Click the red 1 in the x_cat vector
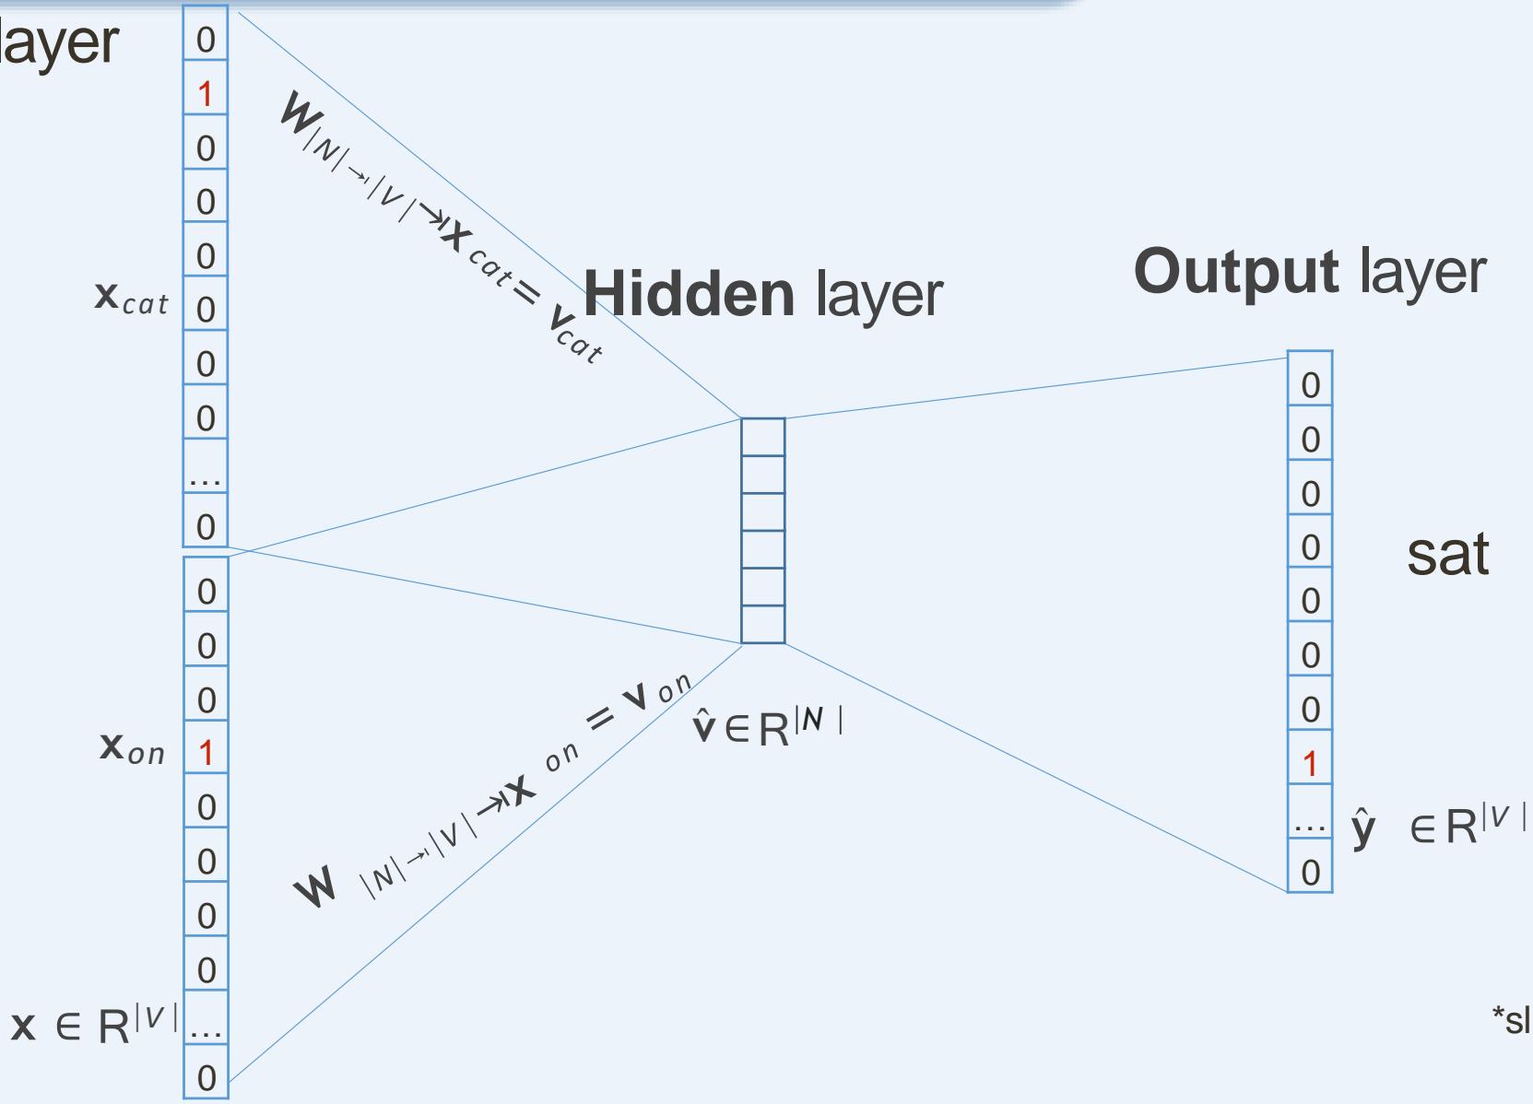[x=205, y=93]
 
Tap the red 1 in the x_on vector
[x=205, y=753]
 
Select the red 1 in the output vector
[x=1309, y=763]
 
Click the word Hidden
[x=689, y=294]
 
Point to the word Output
[x=1235, y=272]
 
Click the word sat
[x=1447, y=554]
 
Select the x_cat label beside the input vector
[x=132, y=298]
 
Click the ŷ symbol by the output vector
[x=1363, y=827]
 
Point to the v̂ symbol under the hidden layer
[x=704, y=728]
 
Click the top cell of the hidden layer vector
[x=763, y=437]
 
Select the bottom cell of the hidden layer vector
[x=763, y=624]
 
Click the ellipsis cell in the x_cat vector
[x=205, y=475]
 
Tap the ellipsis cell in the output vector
[x=1309, y=822]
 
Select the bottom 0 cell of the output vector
[x=1309, y=872]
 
